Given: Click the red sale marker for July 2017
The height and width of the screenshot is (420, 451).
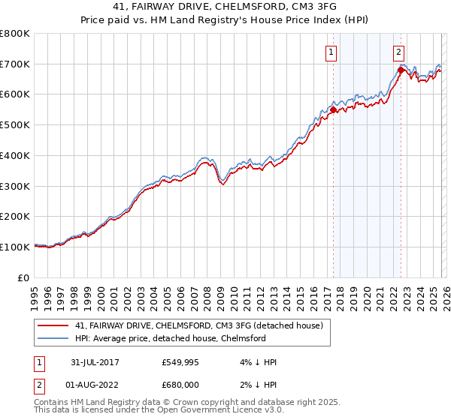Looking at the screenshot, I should (333, 109).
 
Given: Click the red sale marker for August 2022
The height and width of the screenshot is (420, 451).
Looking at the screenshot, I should (401, 70).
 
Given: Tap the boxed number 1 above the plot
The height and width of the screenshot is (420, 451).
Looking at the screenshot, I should (331, 52).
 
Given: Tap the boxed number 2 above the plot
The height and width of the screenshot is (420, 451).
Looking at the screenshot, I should (398, 52).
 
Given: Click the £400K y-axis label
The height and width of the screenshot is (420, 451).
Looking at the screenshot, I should (15, 156).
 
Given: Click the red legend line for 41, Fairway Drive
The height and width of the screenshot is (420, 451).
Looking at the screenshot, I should (53, 325).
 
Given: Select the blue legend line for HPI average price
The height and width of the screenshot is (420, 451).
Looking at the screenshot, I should (53, 338).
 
